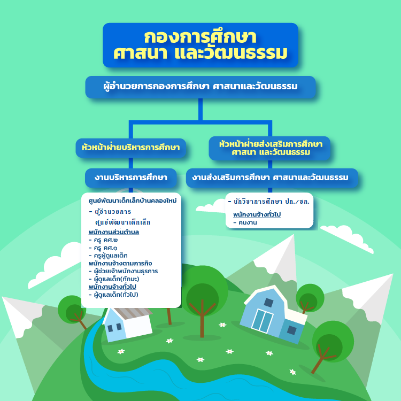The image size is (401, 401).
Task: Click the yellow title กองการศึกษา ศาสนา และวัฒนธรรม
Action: pyautogui.click(x=200, y=45)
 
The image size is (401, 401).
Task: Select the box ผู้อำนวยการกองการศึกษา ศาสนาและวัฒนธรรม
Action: pyautogui.click(x=200, y=87)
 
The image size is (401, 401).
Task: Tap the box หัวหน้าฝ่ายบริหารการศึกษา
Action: pyautogui.click(x=130, y=148)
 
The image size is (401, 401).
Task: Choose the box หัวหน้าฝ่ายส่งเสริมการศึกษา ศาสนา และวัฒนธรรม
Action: pyautogui.click(x=269, y=148)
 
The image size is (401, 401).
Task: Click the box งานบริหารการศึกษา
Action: pyautogui.click(x=130, y=178)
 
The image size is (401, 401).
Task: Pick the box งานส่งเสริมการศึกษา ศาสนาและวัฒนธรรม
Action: pyautogui.click(x=272, y=178)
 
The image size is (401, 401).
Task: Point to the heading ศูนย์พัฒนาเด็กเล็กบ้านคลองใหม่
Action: pyautogui.click(x=133, y=200)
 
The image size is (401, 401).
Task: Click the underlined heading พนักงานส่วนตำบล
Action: pyautogui.click(x=113, y=232)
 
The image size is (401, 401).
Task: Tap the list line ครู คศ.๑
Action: pyautogui.click(x=103, y=248)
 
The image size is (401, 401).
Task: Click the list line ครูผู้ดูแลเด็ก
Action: pyautogui.click(x=108, y=256)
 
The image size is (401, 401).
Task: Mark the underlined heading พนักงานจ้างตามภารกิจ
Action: pyautogui.click(x=120, y=264)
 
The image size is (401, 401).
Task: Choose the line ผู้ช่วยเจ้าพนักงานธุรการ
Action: pyautogui.click(x=123, y=271)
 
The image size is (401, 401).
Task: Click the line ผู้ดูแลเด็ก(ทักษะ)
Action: pyautogui.click(x=114, y=279)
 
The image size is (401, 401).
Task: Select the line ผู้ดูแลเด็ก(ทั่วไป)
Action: pyautogui.click(x=113, y=295)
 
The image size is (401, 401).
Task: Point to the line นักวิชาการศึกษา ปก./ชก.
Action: pyautogui.click(x=268, y=202)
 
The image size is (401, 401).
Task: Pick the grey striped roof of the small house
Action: pyautogui.click(x=133, y=313)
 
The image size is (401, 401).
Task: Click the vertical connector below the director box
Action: pyautogui.click(x=200, y=110)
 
